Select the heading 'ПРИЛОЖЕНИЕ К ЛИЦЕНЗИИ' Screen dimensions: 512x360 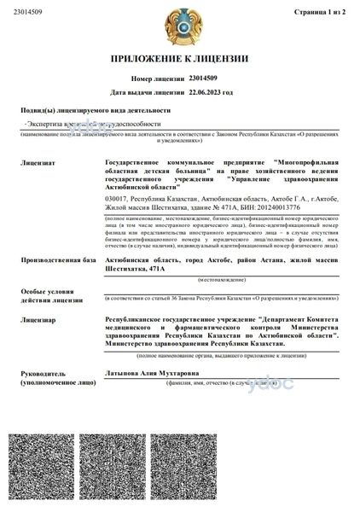(179, 59)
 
